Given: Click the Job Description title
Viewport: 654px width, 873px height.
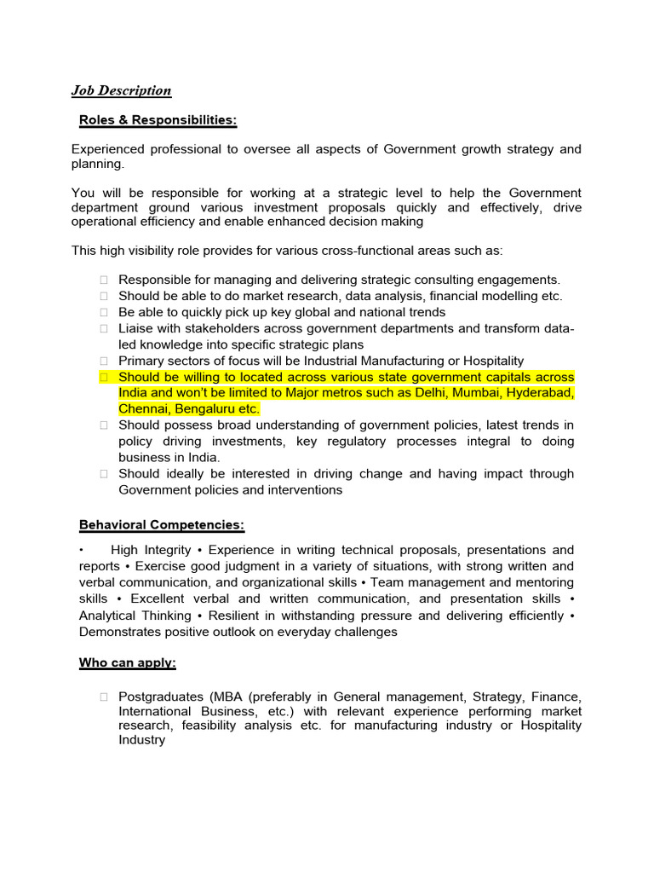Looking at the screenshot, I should click(x=121, y=90).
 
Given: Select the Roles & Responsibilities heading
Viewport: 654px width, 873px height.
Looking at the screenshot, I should click(x=158, y=120).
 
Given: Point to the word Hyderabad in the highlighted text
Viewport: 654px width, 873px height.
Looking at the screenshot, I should click(x=538, y=393).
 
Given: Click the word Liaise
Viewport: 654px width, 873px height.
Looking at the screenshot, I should click(x=135, y=328).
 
